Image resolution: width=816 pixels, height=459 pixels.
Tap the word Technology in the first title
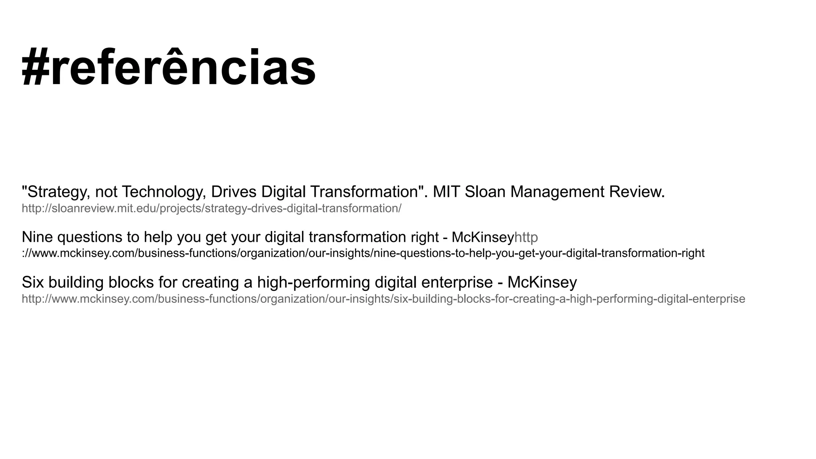pyautogui.click(x=164, y=192)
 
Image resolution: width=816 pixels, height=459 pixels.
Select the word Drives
pyautogui.click(x=233, y=192)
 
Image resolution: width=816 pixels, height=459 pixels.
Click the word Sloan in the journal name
pyautogui.click(x=485, y=192)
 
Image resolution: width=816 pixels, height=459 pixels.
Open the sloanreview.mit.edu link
pyautogui.click(x=212, y=208)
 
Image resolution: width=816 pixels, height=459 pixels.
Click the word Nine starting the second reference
pyautogui.click(x=37, y=237)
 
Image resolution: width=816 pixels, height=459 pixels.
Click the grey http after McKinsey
pyautogui.click(x=526, y=237)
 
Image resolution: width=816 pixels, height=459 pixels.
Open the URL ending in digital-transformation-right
pyautogui.click(x=363, y=253)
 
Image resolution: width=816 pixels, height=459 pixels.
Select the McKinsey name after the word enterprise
pyautogui.click(x=542, y=282)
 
